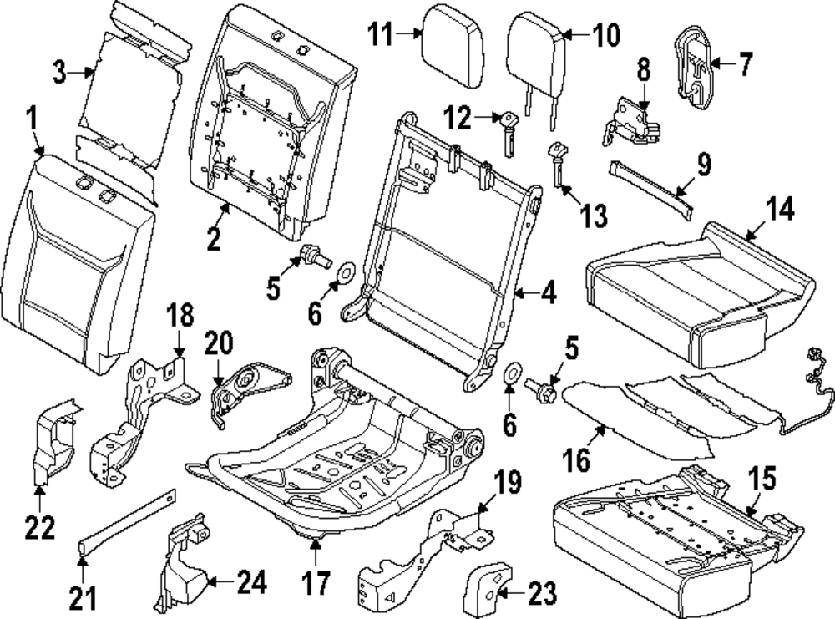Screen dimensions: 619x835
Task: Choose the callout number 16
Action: pyautogui.click(x=576, y=459)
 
